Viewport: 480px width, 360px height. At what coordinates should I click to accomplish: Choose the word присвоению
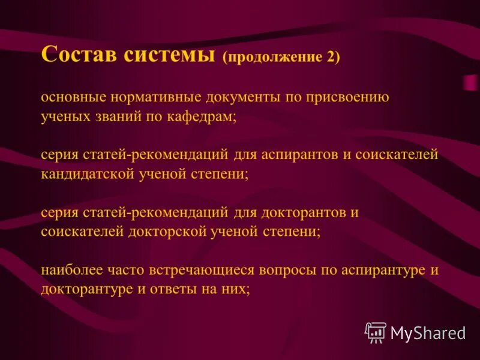point(352,97)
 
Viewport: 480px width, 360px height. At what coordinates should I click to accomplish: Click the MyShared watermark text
point(428,333)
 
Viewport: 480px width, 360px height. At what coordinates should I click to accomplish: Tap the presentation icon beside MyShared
point(376,332)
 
